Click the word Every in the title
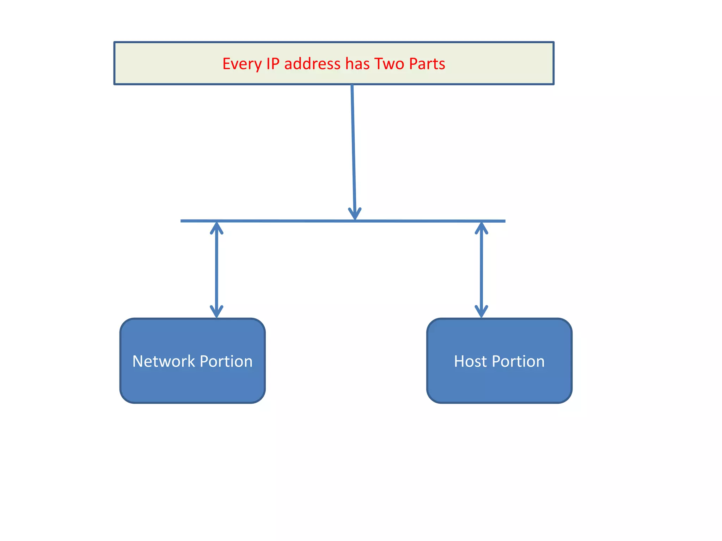pos(242,64)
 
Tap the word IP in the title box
pos(273,64)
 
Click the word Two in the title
pos(389,64)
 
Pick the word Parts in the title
pos(427,64)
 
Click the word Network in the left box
pos(164,361)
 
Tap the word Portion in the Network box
pos(226,361)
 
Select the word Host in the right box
pos(470,361)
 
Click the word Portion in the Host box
pos(518,361)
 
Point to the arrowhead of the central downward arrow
pos(355,214)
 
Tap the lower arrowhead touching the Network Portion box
pos(216,311)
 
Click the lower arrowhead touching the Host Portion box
pos(481,311)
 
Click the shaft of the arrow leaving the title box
pos(353,148)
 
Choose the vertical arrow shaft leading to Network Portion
pos(216,269)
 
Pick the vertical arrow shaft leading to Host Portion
pos(481,269)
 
